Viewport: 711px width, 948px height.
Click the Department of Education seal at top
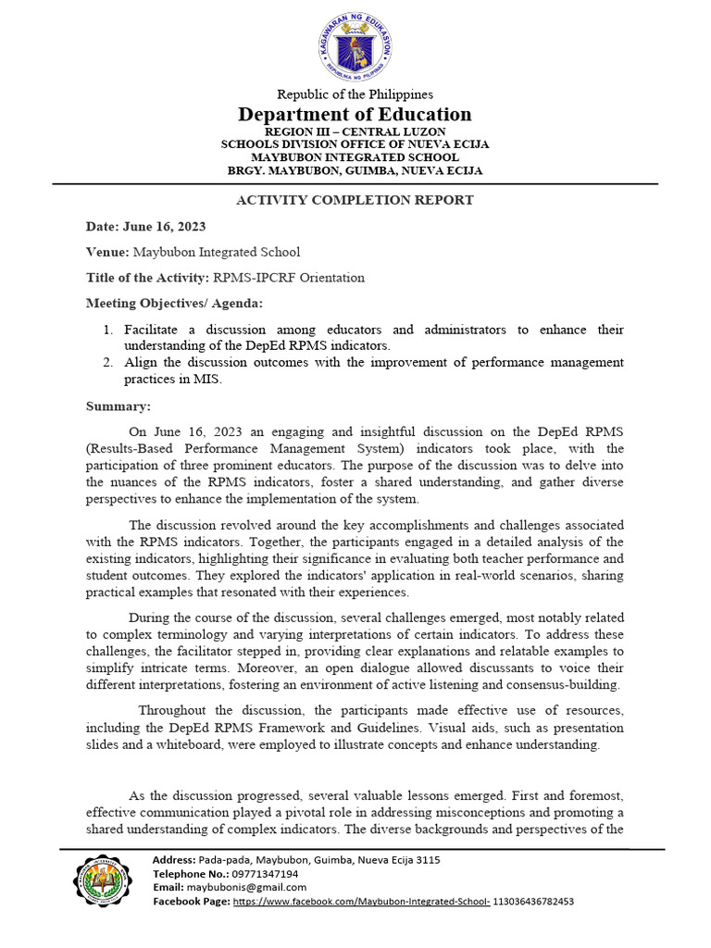click(x=355, y=45)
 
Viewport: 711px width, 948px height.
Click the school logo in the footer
click(x=103, y=880)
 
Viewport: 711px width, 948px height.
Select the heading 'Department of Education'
click(x=355, y=114)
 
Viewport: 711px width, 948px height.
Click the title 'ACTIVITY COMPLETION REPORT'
click(x=355, y=200)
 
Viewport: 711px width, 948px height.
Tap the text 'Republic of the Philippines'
click(x=355, y=94)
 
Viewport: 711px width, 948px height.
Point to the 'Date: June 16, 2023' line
click(x=145, y=227)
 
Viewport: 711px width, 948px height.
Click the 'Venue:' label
click(x=107, y=252)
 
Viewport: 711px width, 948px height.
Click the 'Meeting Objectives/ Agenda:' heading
click(x=161, y=303)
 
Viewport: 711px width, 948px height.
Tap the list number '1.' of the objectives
click(x=107, y=330)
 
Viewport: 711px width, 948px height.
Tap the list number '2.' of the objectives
click(x=107, y=362)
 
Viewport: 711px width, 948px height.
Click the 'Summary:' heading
click(x=118, y=405)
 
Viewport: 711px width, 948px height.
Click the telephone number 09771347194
click(x=266, y=874)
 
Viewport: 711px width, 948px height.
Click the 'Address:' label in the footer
click(x=175, y=860)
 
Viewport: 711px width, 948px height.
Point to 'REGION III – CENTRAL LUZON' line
click(x=355, y=132)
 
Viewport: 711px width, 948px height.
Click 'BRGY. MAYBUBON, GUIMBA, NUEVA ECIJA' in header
click(x=355, y=170)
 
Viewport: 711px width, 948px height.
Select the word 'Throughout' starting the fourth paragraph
click(x=173, y=709)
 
